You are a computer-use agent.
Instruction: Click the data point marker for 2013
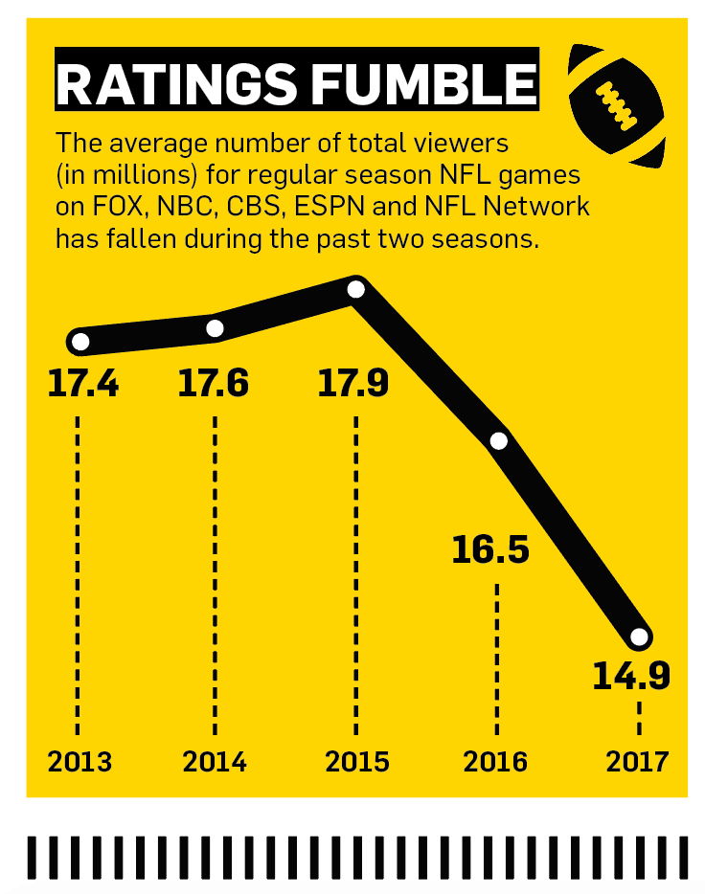click(x=80, y=342)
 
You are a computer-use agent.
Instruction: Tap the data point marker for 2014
click(x=216, y=328)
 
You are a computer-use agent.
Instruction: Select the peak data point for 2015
click(x=356, y=288)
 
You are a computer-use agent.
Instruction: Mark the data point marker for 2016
click(x=498, y=441)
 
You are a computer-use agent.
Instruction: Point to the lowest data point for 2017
click(x=639, y=637)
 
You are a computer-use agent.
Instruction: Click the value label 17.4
click(x=83, y=384)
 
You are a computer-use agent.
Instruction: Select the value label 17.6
click(x=214, y=384)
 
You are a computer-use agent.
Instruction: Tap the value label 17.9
click(x=355, y=384)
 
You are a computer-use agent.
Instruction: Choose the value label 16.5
click(x=491, y=551)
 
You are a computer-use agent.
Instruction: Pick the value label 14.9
click(x=631, y=675)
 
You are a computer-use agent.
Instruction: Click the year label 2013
click(x=80, y=762)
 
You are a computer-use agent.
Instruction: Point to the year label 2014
click(x=215, y=762)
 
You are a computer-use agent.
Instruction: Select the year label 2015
click(x=356, y=762)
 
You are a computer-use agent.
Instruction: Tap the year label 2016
click(x=496, y=762)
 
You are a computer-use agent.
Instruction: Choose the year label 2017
click(x=637, y=762)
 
